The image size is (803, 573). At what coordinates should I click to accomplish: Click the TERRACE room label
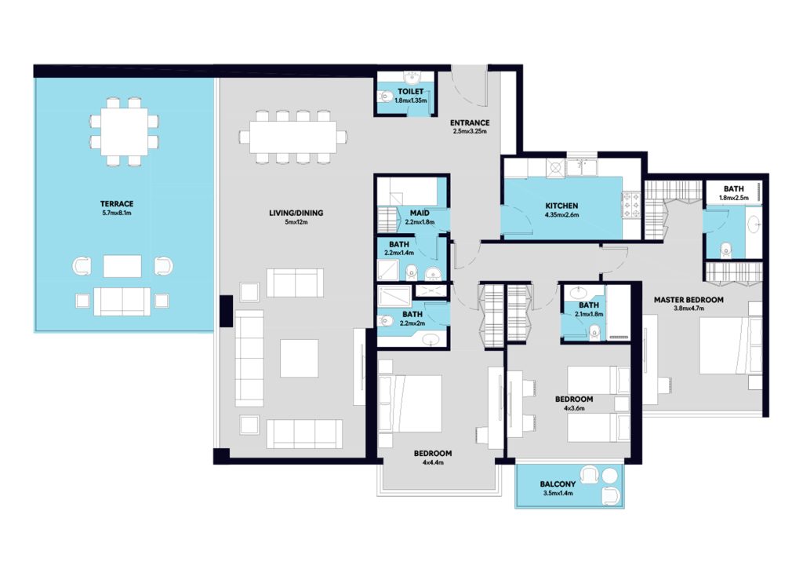click(117, 203)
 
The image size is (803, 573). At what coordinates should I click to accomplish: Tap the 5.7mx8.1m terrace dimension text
click(117, 213)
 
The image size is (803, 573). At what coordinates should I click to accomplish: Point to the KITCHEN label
click(561, 206)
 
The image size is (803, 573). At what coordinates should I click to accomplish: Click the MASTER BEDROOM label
click(689, 300)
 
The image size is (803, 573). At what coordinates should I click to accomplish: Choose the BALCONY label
click(558, 484)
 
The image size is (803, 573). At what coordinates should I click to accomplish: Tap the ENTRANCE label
click(470, 122)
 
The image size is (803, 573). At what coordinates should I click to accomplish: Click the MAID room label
click(420, 213)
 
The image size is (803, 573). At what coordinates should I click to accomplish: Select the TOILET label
click(411, 92)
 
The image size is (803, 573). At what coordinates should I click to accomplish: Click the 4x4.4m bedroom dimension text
click(433, 462)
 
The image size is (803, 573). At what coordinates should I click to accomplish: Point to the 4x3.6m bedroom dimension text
click(574, 408)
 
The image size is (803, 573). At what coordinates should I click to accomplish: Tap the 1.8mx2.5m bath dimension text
click(734, 198)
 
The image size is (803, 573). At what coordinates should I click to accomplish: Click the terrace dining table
click(124, 132)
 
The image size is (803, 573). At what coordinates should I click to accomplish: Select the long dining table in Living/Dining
click(293, 137)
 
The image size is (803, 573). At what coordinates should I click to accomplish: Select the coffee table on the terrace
click(122, 266)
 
